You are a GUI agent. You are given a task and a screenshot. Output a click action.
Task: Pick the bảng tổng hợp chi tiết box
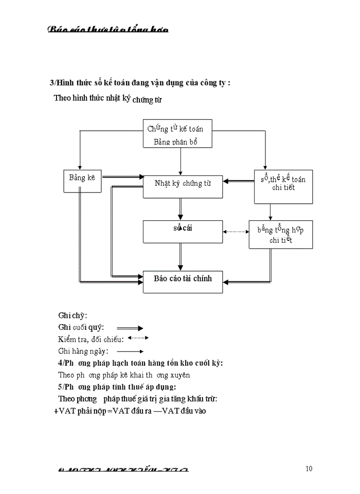[280, 235]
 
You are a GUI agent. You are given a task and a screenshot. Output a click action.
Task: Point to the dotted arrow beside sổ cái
[236, 232]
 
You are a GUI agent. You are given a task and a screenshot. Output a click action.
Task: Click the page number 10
[309, 468]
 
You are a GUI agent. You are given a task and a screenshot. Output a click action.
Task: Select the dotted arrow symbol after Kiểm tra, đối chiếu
[137, 338]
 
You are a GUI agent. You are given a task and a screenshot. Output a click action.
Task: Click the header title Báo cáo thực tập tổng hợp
[108, 29]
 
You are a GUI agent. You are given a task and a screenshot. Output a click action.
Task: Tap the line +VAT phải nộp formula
[130, 411]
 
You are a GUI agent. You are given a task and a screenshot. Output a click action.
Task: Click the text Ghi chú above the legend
[73, 315]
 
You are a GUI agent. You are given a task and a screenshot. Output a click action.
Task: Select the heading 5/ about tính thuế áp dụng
[117, 387]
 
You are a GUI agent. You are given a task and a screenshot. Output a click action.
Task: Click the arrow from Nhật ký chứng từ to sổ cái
[180, 209]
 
